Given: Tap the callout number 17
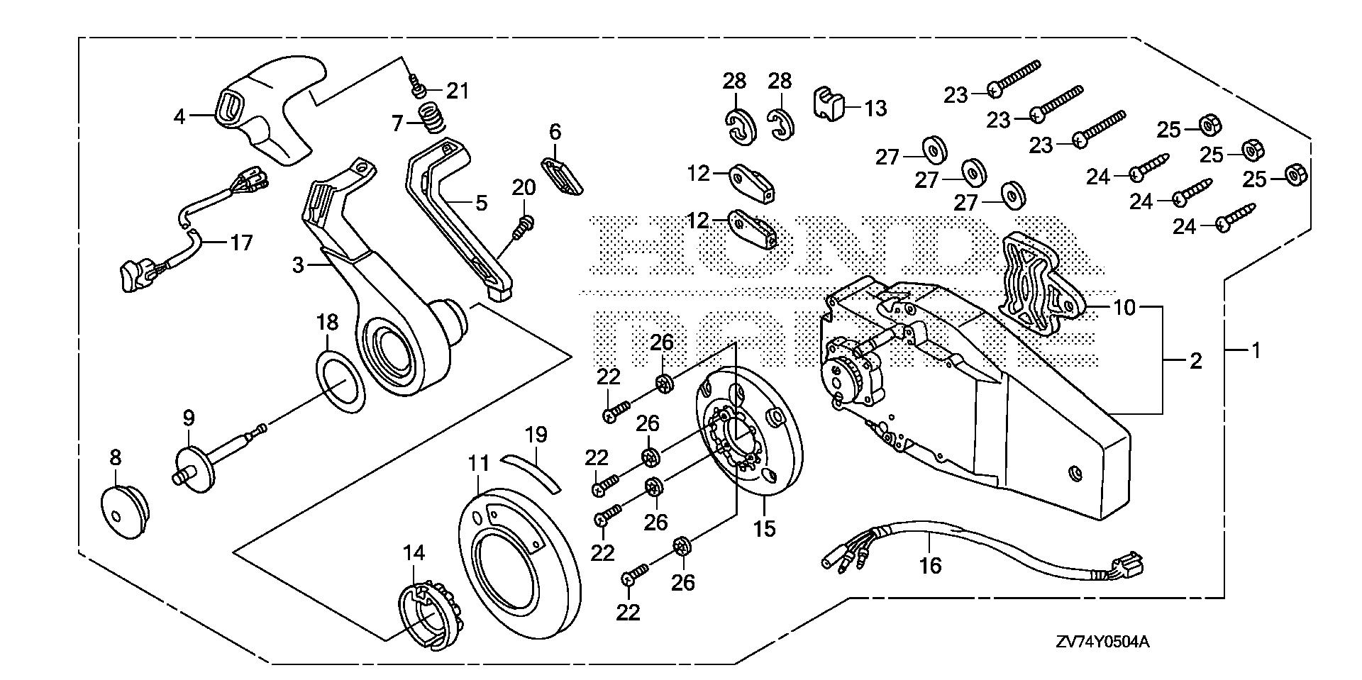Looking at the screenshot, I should point(242,243).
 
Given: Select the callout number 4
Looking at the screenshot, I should point(179,116).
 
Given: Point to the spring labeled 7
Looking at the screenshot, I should point(430,117).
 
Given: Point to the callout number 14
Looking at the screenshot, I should point(414,552).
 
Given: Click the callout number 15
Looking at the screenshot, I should point(765,528).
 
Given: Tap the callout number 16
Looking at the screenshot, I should point(930,565).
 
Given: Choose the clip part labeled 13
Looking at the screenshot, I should point(826,105).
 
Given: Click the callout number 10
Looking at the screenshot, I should point(1124,307).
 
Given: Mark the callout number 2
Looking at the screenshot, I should point(1195,361).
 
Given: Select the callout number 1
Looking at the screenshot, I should point(1256,350).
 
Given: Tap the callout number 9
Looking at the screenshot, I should point(189,418).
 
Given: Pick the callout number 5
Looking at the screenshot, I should point(481,204).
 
